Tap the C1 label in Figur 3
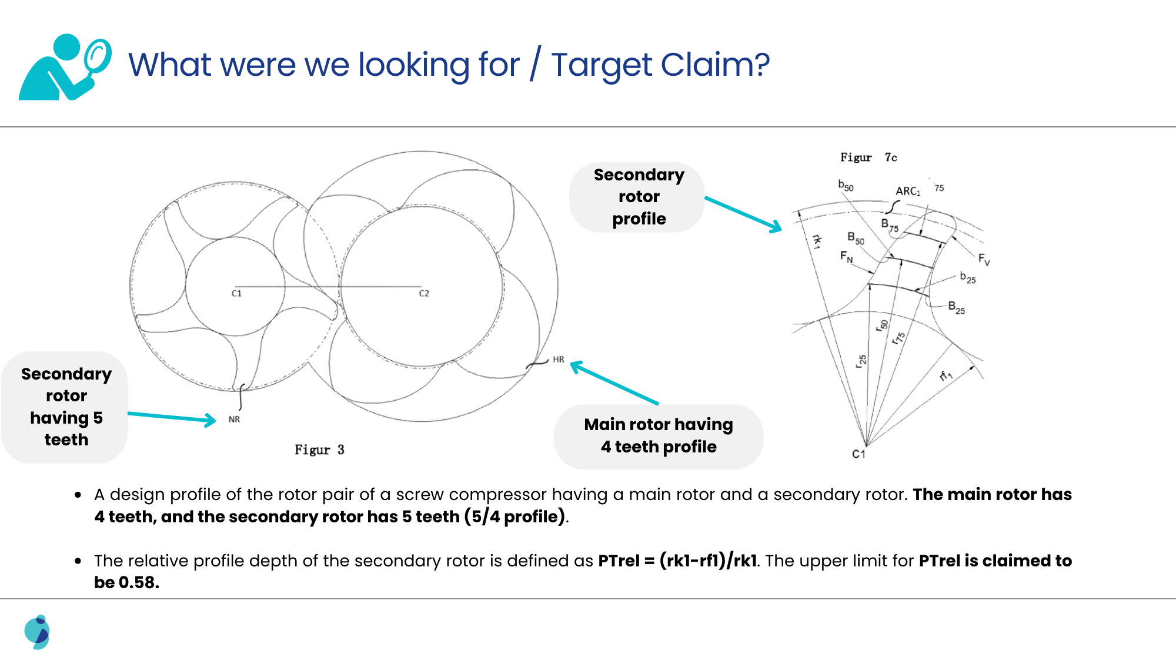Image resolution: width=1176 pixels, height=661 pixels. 236,293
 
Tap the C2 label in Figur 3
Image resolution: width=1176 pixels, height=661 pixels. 424,293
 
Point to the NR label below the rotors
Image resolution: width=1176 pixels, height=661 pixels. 234,420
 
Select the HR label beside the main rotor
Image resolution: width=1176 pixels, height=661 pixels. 558,360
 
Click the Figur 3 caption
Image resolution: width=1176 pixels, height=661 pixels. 319,449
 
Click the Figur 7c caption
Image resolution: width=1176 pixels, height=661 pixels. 868,157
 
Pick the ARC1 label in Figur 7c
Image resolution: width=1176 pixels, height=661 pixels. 908,191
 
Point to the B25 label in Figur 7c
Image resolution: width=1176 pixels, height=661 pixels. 956,307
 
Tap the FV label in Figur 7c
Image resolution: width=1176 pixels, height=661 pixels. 984,259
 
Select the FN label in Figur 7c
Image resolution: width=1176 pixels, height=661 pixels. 846,256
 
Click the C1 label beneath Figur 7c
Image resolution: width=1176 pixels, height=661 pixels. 858,454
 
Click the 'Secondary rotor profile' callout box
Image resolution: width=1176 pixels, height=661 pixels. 638,197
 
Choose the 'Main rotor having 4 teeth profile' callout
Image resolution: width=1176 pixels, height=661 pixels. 659,436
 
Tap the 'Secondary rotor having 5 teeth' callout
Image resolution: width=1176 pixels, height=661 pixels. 66,407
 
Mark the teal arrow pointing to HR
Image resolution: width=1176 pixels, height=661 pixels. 614,382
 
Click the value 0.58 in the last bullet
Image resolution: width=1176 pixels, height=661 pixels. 139,582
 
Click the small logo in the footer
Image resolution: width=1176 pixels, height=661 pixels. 37,632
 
